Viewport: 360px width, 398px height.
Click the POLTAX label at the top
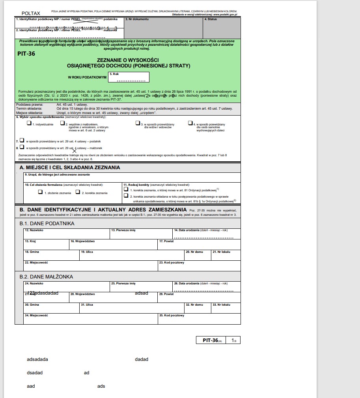point(31,13)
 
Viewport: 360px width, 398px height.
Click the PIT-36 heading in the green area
point(26,54)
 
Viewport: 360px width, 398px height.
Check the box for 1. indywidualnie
point(29,123)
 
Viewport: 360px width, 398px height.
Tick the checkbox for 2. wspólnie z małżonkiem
point(62,123)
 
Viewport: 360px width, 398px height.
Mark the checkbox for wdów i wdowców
point(138,123)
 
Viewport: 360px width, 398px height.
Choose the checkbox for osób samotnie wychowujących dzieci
point(190,123)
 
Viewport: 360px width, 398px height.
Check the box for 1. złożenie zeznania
point(40,192)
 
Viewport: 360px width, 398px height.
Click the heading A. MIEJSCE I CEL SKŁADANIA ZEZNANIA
point(70,168)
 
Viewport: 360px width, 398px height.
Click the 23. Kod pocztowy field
point(199,266)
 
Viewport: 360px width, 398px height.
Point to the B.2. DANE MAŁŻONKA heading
point(46,277)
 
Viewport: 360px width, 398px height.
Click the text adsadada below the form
point(37,359)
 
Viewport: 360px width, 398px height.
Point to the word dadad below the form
point(142,359)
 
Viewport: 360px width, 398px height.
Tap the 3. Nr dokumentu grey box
point(163,28)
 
